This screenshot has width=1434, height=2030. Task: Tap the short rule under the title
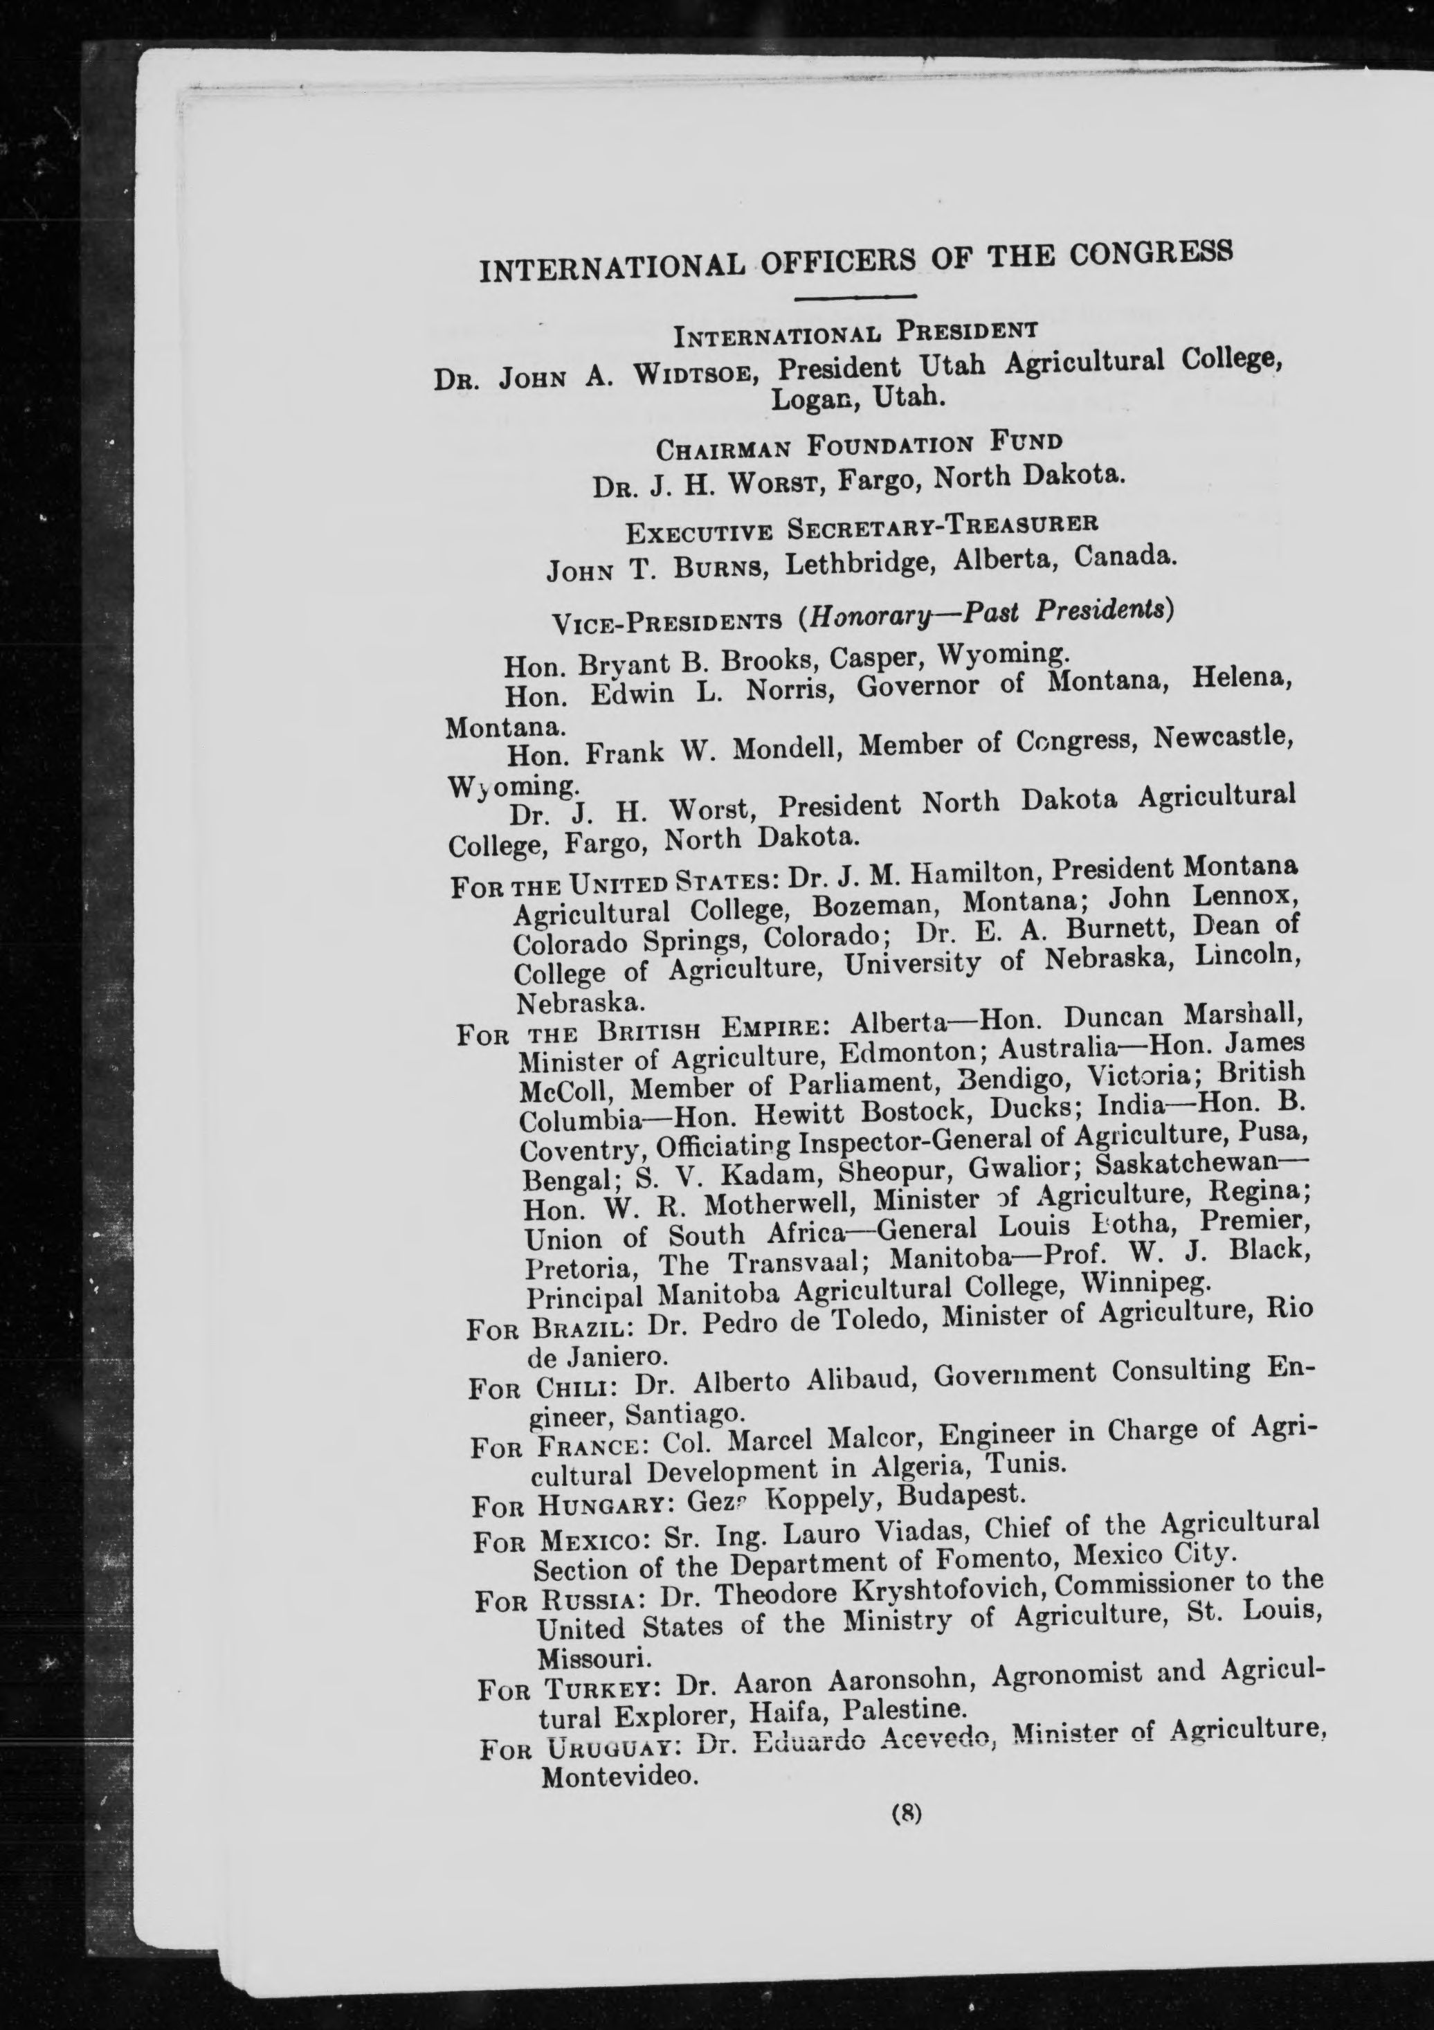coord(856,297)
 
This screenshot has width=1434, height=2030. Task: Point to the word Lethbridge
coord(851,561)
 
